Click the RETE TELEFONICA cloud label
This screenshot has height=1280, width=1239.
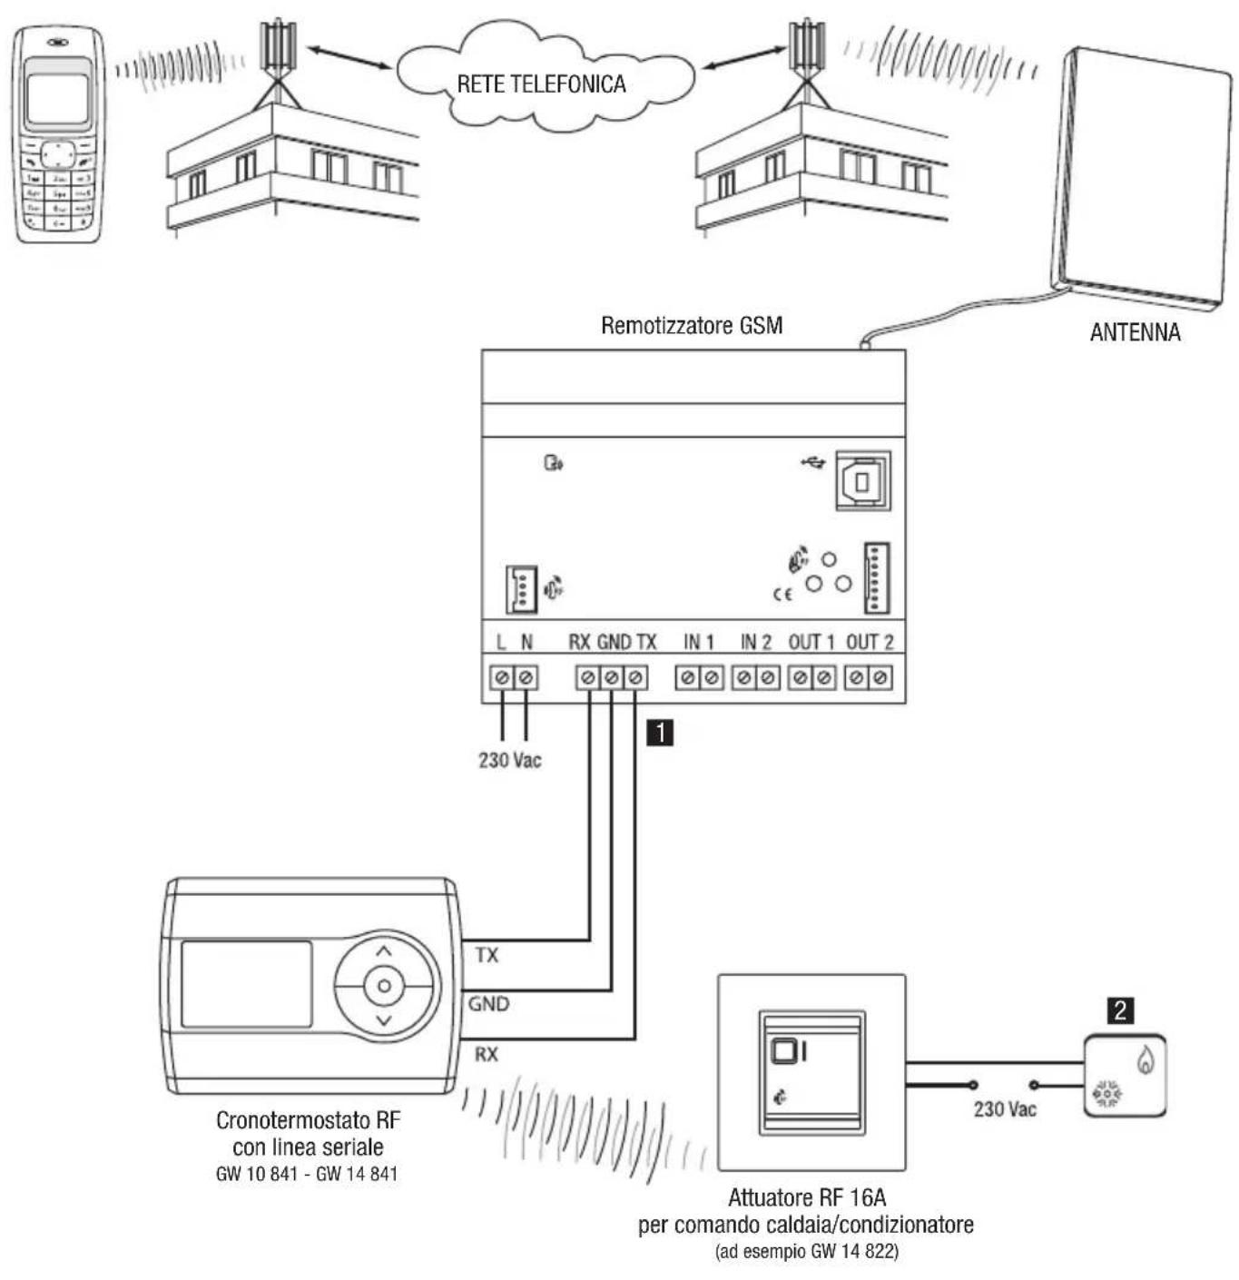tap(541, 84)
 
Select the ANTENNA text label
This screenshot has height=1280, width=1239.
tap(1135, 332)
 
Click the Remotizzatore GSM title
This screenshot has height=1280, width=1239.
tap(692, 325)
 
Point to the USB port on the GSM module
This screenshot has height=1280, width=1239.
tap(862, 480)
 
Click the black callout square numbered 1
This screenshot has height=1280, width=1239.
tap(660, 732)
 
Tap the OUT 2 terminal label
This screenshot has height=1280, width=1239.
tap(870, 643)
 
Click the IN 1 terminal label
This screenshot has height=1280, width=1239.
tap(699, 643)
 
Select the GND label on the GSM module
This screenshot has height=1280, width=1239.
tap(614, 643)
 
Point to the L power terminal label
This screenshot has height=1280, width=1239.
tap(501, 643)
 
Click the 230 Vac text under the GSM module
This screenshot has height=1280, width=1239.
tap(510, 761)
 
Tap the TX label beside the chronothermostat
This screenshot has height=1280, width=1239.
tap(487, 955)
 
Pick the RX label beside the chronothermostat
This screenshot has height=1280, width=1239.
tap(487, 1055)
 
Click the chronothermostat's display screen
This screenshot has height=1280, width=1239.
tap(247, 985)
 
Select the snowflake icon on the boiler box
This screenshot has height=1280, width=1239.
tap(1106, 1094)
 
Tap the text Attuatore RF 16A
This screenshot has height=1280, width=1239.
tap(806, 1197)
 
